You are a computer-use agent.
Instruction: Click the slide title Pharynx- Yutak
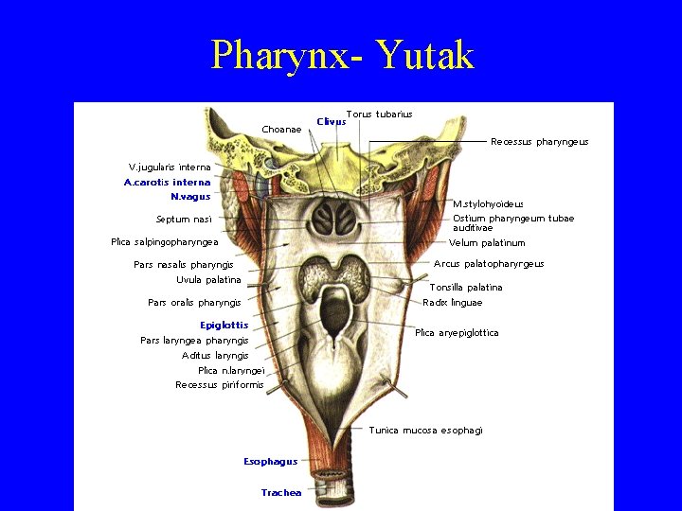tap(342, 55)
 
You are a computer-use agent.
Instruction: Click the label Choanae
tap(281, 129)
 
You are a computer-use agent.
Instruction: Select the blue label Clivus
tap(331, 121)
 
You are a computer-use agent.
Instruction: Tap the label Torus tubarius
tap(379, 115)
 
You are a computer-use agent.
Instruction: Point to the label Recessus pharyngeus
tap(539, 142)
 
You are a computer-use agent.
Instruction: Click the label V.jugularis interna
tap(170, 167)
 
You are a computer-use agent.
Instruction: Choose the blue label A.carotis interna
tap(167, 182)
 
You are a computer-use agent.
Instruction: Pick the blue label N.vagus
tap(189, 197)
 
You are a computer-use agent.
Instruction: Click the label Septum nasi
tap(184, 220)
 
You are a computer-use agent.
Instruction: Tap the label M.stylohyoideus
tap(488, 203)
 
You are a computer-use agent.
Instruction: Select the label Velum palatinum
tap(487, 243)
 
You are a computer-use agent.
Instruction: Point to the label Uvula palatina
tap(208, 280)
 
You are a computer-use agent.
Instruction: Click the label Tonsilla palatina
tap(466, 287)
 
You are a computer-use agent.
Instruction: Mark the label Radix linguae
tap(452, 303)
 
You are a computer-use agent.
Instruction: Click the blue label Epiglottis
tap(224, 326)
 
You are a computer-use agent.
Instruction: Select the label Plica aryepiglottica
tap(457, 333)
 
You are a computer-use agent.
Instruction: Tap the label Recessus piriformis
tap(219, 385)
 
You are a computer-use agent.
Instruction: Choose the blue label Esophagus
tap(270, 462)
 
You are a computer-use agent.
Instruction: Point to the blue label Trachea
tap(280, 492)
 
